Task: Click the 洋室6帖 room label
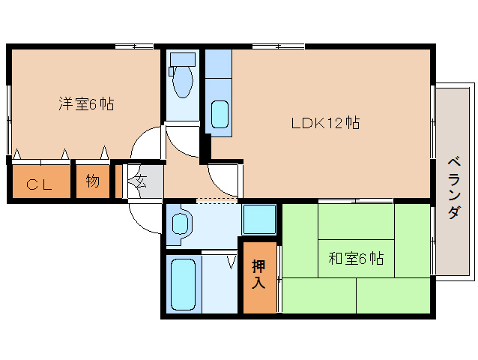coord(86,104)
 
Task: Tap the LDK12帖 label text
coord(325,123)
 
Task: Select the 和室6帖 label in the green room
coord(356,259)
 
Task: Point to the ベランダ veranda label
coord(453,187)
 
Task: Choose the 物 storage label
coord(91,181)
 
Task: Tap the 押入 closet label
coord(258,274)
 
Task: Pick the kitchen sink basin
coord(220,114)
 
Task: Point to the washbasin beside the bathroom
coord(181,224)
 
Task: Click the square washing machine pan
coord(259,220)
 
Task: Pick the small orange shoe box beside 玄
coord(118,179)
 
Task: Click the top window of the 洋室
coord(135,46)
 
